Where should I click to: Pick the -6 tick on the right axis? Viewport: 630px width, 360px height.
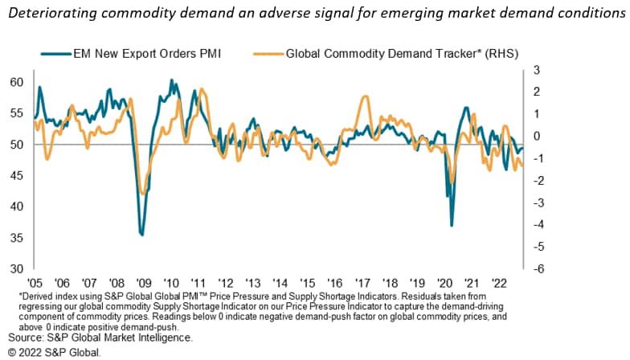click(x=538, y=268)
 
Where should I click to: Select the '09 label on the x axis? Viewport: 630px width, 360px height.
click(x=143, y=283)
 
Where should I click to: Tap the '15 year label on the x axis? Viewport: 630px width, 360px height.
click(x=307, y=283)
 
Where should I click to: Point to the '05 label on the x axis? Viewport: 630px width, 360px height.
click(x=35, y=283)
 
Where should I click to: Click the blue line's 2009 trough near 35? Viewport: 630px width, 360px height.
click(x=142, y=235)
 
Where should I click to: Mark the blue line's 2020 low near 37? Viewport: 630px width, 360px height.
click(x=452, y=225)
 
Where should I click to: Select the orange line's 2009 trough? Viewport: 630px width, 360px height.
click(x=143, y=194)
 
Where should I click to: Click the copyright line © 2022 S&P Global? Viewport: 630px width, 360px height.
click(x=55, y=351)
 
